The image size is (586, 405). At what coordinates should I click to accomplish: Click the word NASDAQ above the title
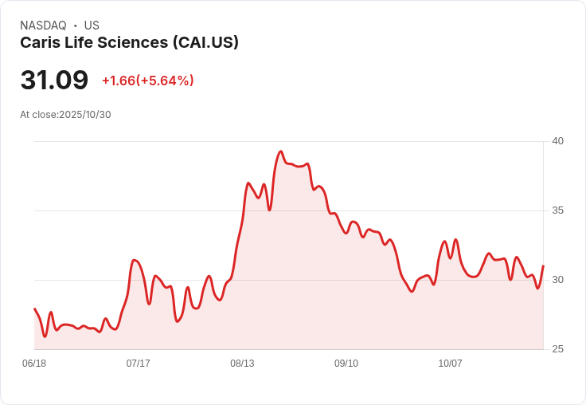click(x=43, y=26)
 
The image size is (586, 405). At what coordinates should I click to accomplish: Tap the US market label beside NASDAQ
click(x=92, y=26)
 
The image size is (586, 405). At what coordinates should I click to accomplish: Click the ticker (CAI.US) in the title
click(x=205, y=43)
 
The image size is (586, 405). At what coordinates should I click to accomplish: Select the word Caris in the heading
click(x=40, y=43)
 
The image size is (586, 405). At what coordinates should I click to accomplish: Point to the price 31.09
click(x=54, y=81)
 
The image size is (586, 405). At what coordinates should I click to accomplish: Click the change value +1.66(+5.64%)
click(x=148, y=81)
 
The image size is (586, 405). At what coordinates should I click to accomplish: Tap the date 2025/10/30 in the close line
click(x=85, y=115)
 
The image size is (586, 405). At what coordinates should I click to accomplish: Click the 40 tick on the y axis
click(x=557, y=141)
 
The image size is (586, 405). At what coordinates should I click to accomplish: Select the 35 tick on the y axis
click(x=557, y=210)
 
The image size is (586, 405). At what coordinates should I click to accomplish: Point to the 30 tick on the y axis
click(x=557, y=280)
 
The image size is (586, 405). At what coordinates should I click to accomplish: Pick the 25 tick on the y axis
click(x=557, y=349)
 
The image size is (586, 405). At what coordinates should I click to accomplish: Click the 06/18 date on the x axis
click(x=34, y=364)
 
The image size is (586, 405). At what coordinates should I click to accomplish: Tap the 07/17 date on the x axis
click(x=139, y=364)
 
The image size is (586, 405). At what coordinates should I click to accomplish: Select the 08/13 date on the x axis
click(x=242, y=364)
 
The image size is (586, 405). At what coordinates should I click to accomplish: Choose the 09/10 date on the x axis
click(x=346, y=364)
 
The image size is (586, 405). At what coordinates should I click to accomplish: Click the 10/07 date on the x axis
click(x=451, y=364)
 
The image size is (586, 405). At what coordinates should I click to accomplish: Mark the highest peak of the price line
click(x=280, y=151)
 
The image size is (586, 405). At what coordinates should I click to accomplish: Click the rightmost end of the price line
click(x=543, y=265)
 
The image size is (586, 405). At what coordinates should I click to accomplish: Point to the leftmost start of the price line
click(x=34, y=309)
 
